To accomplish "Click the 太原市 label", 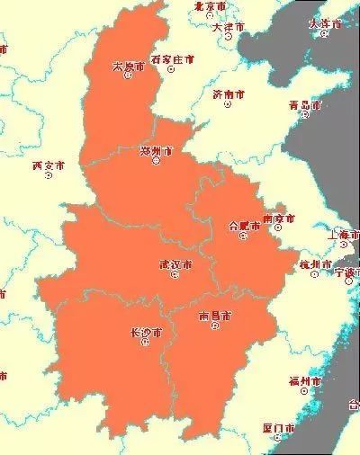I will point(128,66).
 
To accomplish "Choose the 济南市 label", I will point(229,94).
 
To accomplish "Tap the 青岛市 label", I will point(304,105).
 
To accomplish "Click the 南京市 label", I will point(278,219).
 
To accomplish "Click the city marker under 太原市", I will point(128,76).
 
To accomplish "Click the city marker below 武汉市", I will point(174,275).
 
